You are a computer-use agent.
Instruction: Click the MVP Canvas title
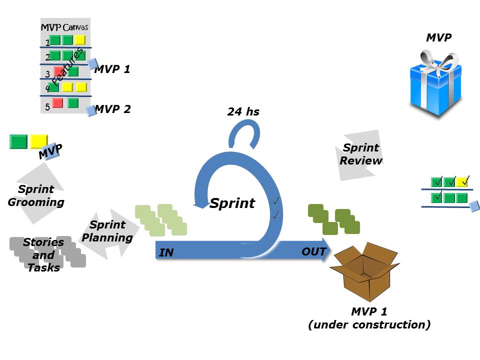pyautogui.click(x=64, y=27)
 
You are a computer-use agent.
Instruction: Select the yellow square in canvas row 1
pyautogui.click(x=80, y=40)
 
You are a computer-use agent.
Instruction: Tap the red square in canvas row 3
pyautogui.click(x=58, y=72)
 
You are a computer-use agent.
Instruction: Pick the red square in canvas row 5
pyautogui.click(x=57, y=103)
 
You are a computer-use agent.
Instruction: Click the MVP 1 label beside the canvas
pyautogui.click(x=112, y=69)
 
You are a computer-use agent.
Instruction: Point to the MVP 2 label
pyautogui.click(x=113, y=108)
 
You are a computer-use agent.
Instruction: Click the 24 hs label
pyautogui.click(x=243, y=111)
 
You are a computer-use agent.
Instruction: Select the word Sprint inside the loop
pyautogui.click(x=232, y=203)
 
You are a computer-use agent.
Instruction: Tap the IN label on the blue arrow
pyautogui.click(x=166, y=253)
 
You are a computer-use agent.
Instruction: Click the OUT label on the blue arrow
pyautogui.click(x=314, y=251)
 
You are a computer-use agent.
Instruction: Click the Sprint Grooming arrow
pyautogui.click(x=36, y=195)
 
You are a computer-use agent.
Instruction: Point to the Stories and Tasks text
pyautogui.click(x=43, y=255)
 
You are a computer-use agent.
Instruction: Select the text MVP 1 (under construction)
pyautogui.click(x=369, y=318)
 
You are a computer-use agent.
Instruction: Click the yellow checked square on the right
pyautogui.click(x=462, y=181)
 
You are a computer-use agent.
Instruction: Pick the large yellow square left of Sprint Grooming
pyautogui.click(x=39, y=141)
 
